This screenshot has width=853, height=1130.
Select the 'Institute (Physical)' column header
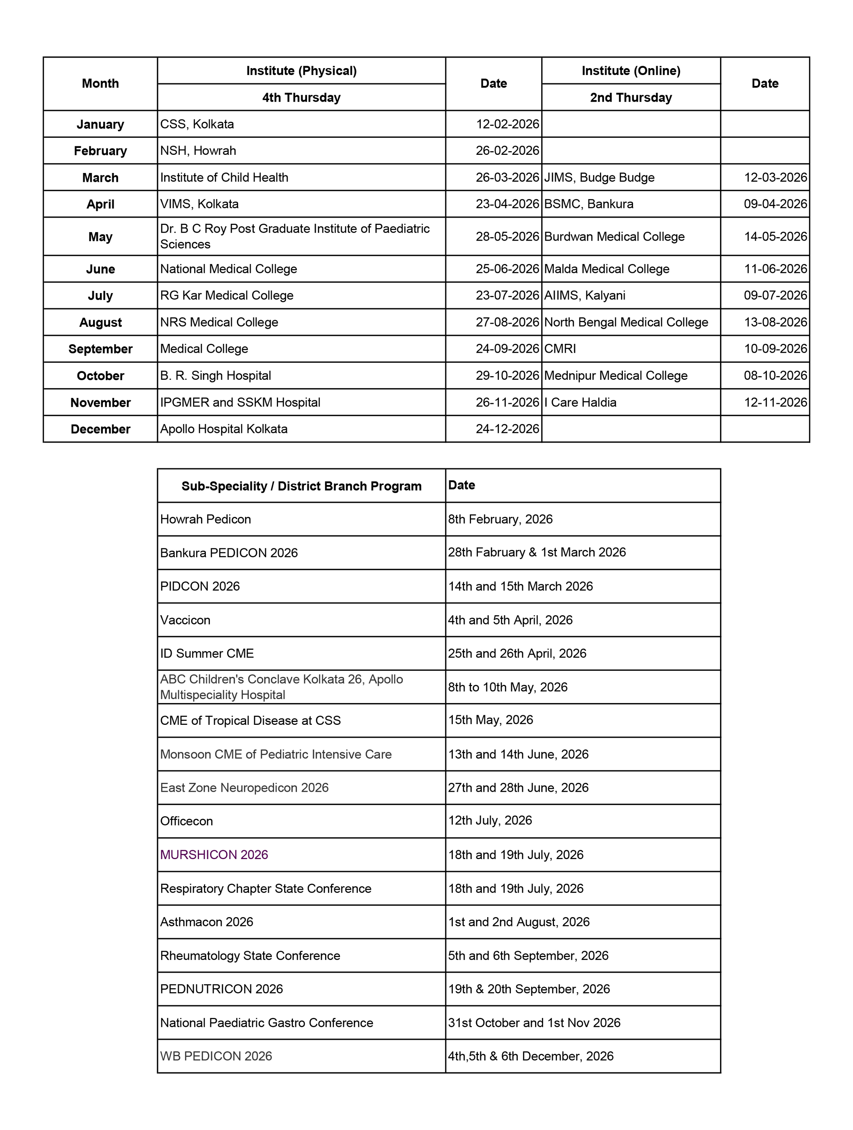pos(301,71)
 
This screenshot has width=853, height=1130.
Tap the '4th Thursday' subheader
pos(301,98)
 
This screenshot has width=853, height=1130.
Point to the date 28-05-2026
pos(507,237)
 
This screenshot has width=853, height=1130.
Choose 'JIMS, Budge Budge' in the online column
pos(599,177)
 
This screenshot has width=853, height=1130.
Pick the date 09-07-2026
pos(775,295)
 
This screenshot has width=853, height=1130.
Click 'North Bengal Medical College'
pos(626,323)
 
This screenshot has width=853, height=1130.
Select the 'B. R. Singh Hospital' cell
pos(216,375)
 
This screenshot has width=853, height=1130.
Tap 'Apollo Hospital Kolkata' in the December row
pos(224,429)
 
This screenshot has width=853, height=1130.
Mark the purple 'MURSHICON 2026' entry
pos(214,855)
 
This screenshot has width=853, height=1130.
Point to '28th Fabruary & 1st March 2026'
pos(537,552)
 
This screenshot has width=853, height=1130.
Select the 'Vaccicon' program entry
pos(185,620)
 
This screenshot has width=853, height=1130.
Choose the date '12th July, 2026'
pos(490,820)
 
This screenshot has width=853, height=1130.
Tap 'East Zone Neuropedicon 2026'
pos(244,787)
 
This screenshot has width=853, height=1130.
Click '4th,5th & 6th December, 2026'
pos(530,1056)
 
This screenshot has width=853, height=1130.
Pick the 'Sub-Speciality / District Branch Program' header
pos(301,486)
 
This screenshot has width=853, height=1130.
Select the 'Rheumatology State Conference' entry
pos(250,955)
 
